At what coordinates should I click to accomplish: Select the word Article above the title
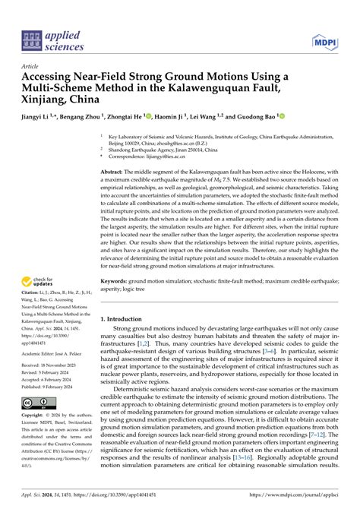click(32, 67)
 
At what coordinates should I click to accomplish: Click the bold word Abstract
click(114, 173)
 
